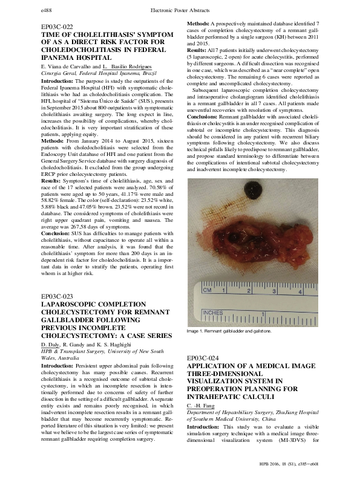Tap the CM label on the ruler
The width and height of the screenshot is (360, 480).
206,291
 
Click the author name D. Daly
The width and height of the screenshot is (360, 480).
51,344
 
